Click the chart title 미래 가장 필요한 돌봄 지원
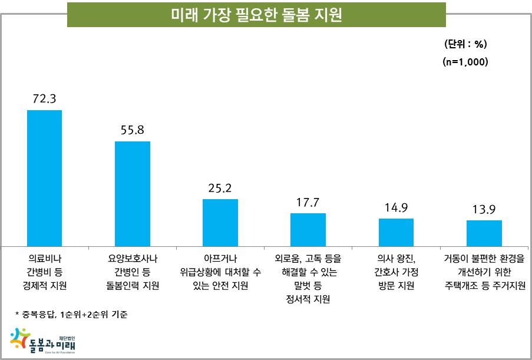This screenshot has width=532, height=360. (x=256, y=15)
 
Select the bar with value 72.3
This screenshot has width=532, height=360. (x=44, y=178)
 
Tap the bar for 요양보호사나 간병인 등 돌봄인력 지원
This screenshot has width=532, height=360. (x=132, y=194)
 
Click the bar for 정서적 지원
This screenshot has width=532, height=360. (x=308, y=230)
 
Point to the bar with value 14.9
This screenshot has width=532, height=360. (x=396, y=232)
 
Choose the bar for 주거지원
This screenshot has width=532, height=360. (x=484, y=233)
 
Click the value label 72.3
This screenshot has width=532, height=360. (x=44, y=99)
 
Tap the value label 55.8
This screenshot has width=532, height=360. (x=132, y=130)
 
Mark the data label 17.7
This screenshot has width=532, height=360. (x=308, y=202)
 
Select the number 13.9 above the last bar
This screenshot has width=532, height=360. (x=484, y=209)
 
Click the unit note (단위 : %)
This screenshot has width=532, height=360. (x=465, y=44)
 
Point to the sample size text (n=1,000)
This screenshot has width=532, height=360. (x=465, y=61)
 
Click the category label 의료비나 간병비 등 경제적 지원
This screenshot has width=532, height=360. (x=44, y=272)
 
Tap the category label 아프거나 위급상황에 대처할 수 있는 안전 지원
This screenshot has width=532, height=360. (x=220, y=272)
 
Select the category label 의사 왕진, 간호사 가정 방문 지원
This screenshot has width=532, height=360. (x=396, y=272)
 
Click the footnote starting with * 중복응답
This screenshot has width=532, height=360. (x=71, y=315)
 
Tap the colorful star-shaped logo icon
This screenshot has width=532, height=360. (x=19, y=339)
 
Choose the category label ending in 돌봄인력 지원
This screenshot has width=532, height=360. (x=132, y=272)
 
